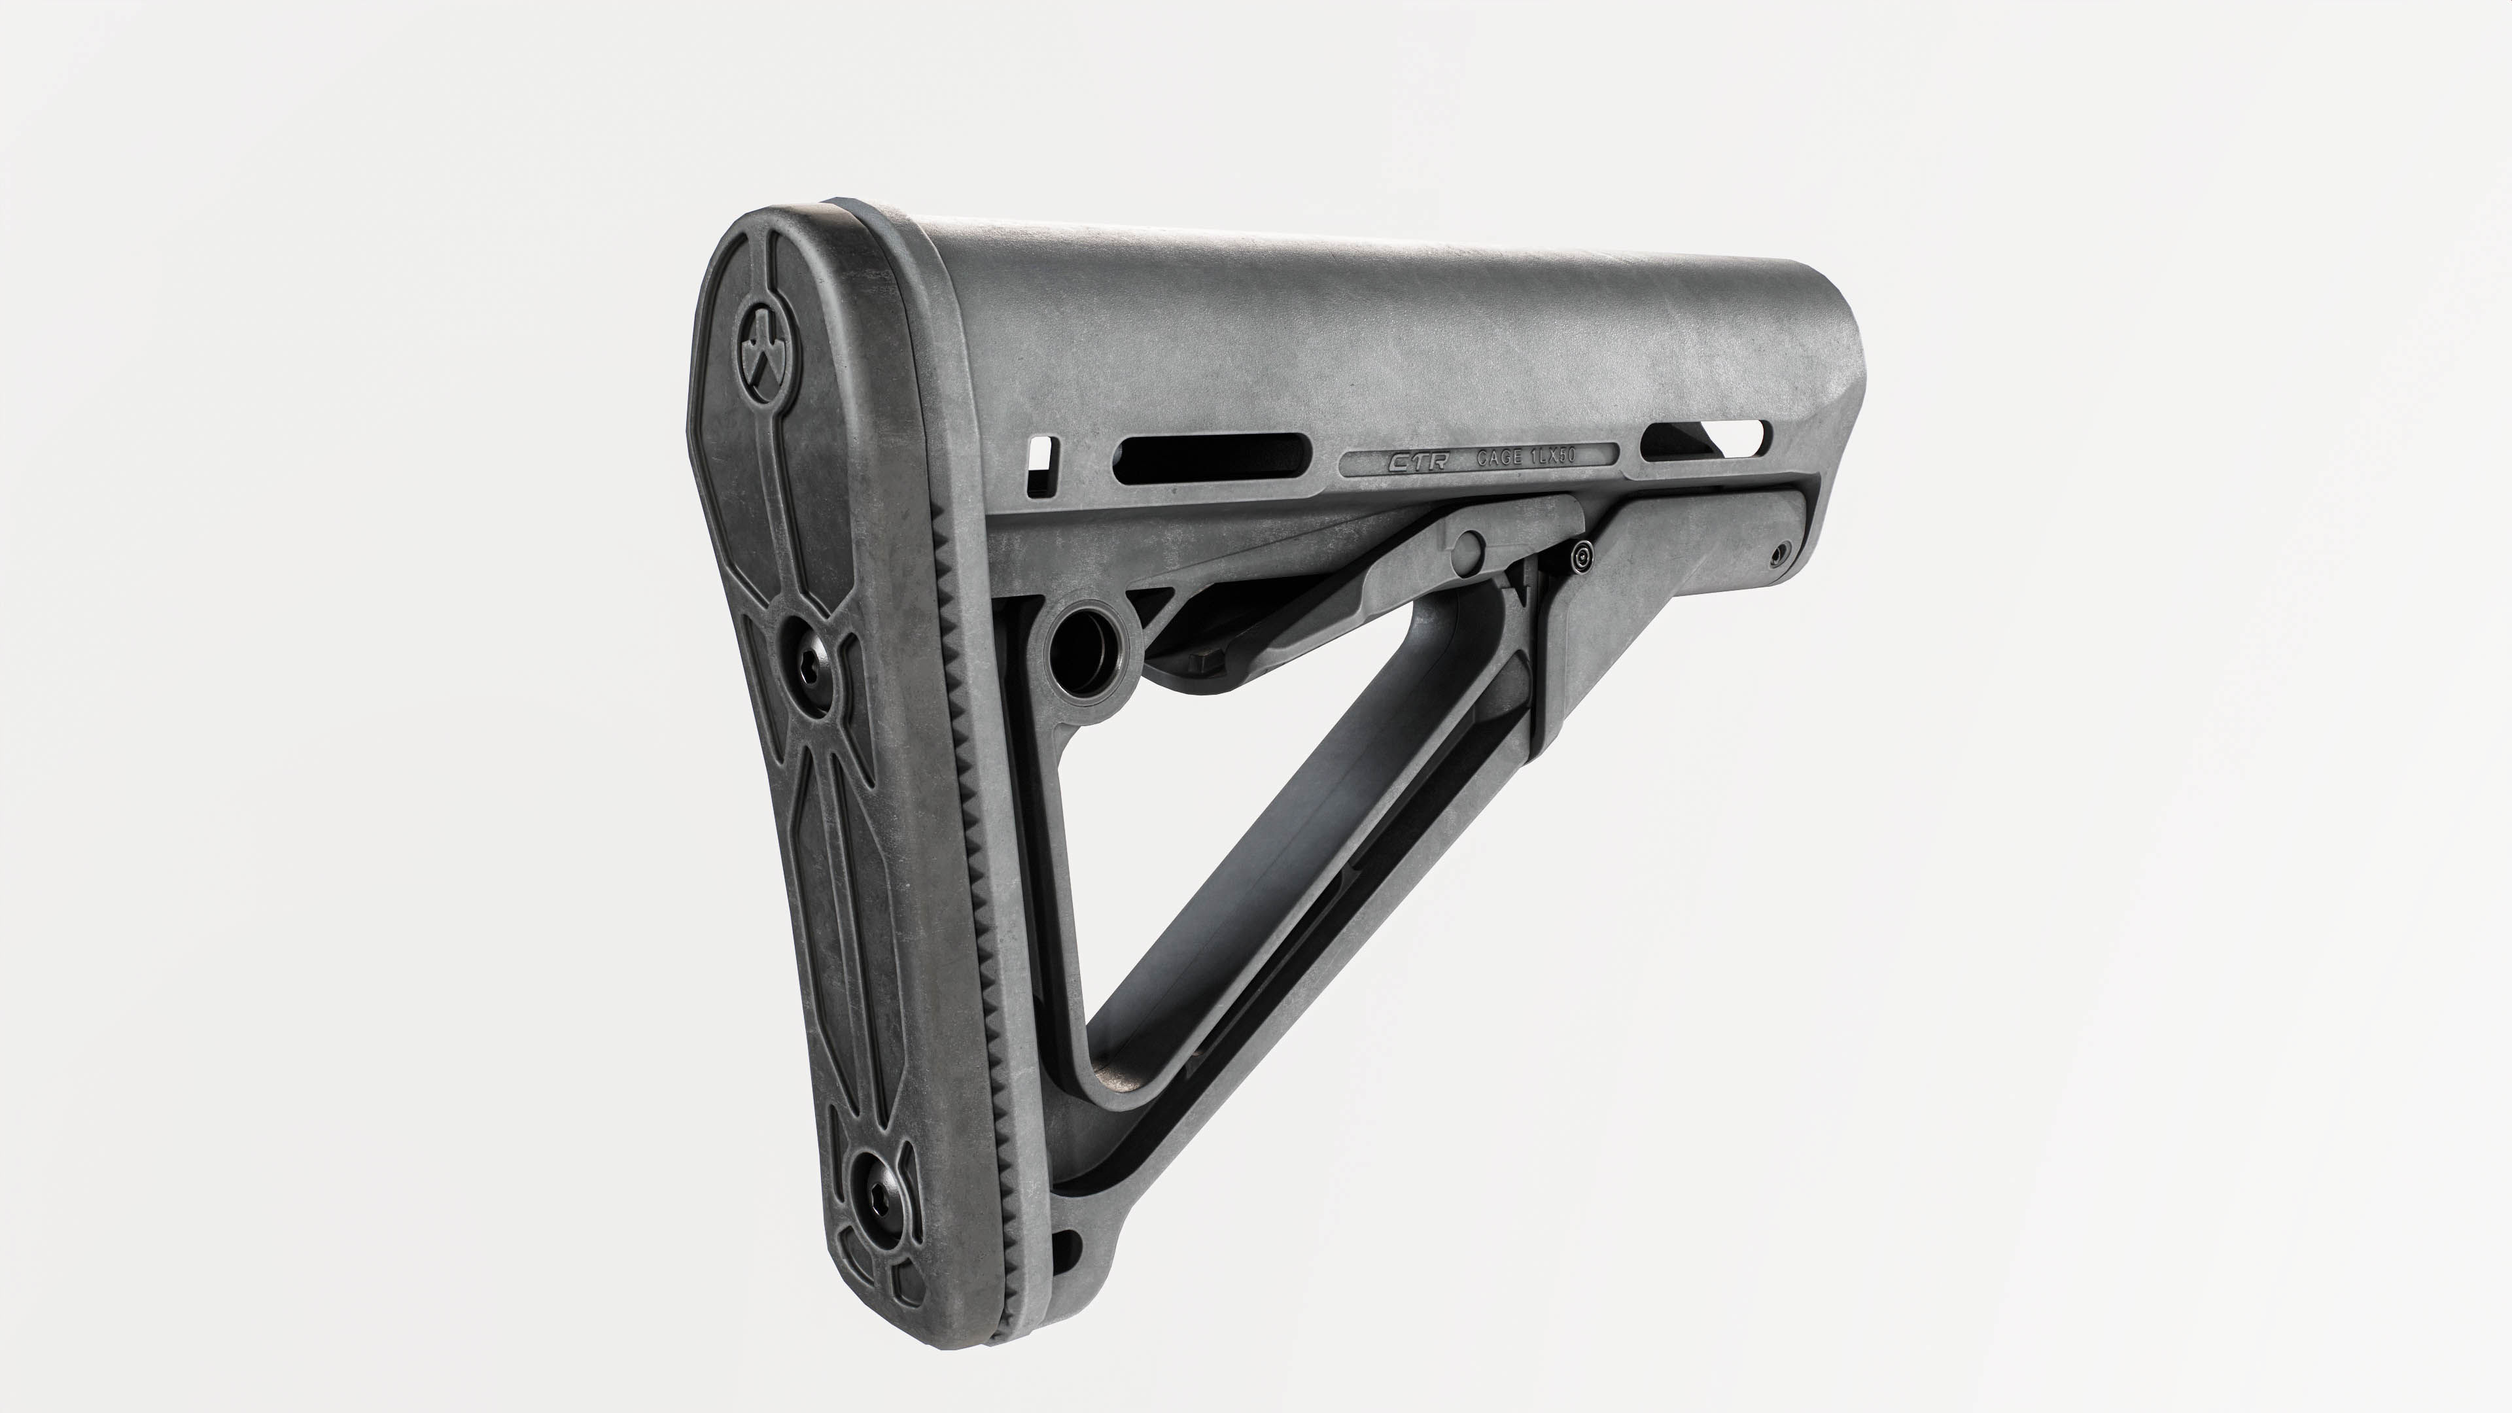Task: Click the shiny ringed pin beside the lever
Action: (x=1582, y=558)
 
